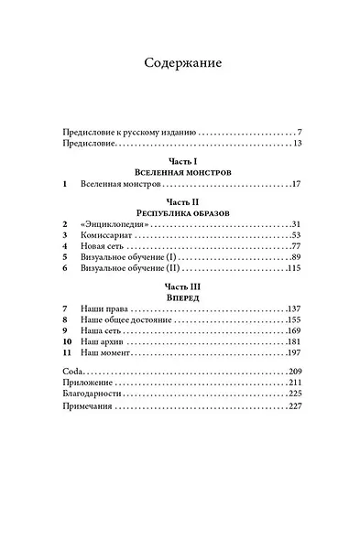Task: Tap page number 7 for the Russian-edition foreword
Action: [x=300, y=132]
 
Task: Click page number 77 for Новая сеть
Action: [x=296, y=246]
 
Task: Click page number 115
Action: [x=293, y=269]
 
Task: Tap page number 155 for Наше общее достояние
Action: [x=293, y=333]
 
